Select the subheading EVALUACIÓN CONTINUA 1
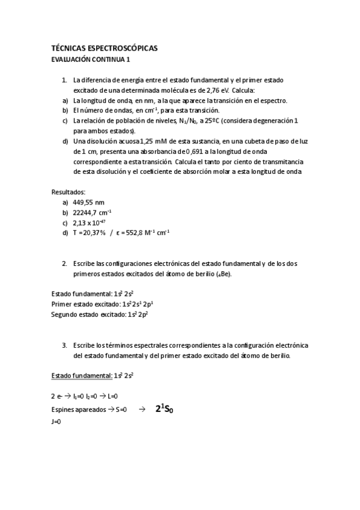(x=90, y=60)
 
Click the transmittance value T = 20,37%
(x=89, y=233)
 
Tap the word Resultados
(x=69, y=192)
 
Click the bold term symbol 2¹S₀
(x=160, y=410)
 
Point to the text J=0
(x=56, y=422)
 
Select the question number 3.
(x=64, y=346)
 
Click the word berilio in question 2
(x=202, y=274)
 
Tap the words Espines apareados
(x=76, y=410)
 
